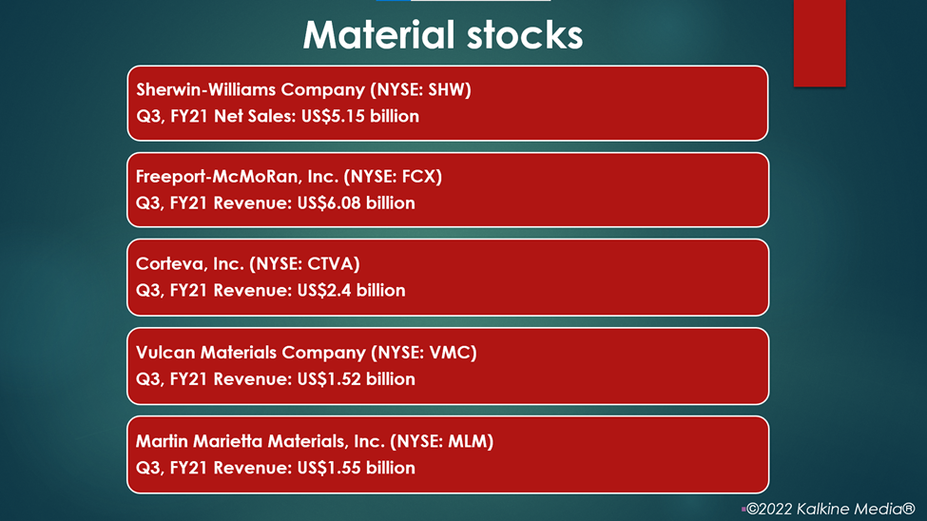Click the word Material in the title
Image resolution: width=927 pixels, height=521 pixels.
pos(379,34)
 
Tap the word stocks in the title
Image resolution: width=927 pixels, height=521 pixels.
pos(525,34)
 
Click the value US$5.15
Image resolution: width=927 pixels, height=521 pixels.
pos(334,116)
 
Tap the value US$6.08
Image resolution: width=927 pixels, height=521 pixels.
pos(329,203)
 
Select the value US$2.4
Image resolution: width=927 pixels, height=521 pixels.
pos(324,290)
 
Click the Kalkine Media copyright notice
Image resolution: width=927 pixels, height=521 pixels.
pos(829,509)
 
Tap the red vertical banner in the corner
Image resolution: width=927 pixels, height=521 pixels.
pos(820,43)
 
